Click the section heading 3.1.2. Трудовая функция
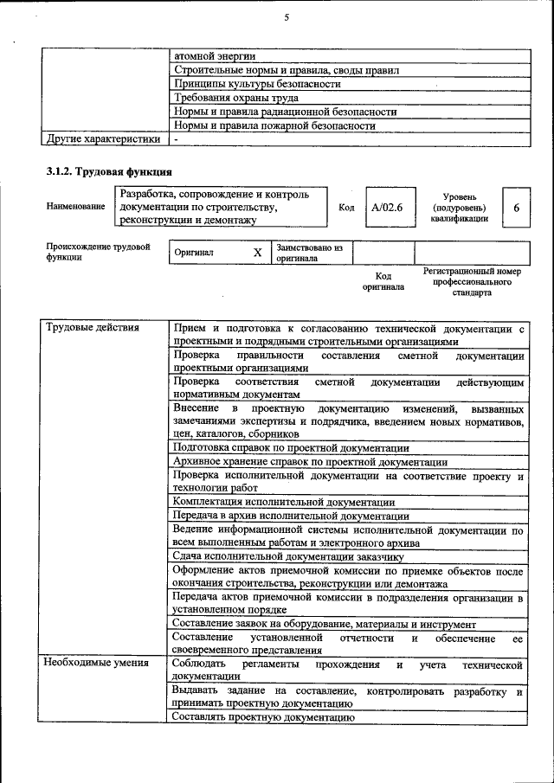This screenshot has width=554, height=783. coord(108,171)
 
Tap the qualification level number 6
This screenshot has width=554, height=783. coord(516,209)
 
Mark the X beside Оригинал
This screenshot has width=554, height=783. coord(257,254)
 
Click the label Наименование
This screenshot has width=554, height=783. coord(76,207)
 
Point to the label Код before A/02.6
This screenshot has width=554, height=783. coord(346,209)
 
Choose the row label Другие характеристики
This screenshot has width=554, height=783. coord(103,138)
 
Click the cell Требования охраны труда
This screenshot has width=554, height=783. coord(235,98)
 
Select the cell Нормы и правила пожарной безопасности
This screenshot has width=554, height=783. coord(274,125)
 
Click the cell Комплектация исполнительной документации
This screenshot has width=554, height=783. coord(284,502)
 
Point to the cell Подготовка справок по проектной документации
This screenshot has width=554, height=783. coord(291,448)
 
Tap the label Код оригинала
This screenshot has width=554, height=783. coord(383,281)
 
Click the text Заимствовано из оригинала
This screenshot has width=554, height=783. coord(310,253)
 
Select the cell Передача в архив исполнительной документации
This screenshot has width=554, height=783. coord(279,516)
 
